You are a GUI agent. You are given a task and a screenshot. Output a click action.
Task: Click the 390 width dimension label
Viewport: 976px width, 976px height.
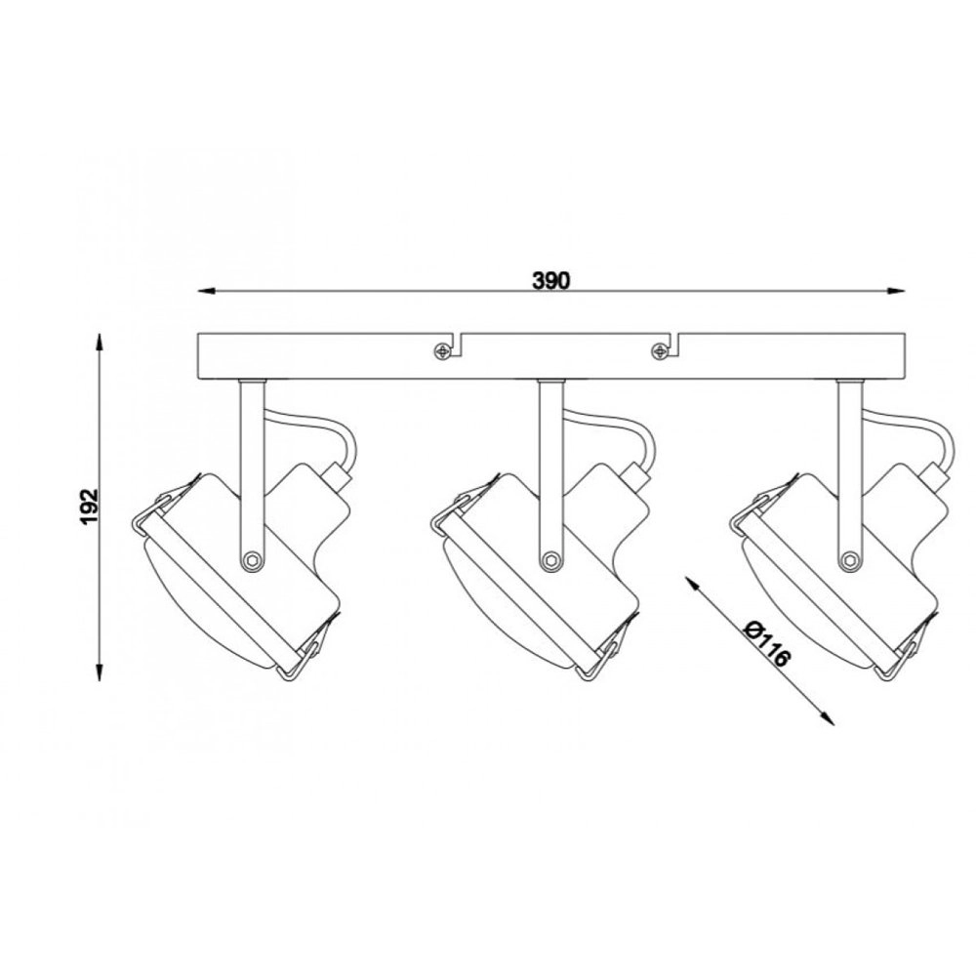point(550,281)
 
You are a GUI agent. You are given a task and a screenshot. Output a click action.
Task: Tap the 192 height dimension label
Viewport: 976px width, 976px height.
point(90,507)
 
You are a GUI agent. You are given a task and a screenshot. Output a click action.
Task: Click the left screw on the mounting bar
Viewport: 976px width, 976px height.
point(442,351)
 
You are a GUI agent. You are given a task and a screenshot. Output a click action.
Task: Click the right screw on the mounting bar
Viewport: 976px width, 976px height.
point(659,351)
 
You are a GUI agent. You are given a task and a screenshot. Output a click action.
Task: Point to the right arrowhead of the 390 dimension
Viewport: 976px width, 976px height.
point(896,291)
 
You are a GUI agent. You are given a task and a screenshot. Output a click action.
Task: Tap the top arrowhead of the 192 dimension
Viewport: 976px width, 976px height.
point(99,343)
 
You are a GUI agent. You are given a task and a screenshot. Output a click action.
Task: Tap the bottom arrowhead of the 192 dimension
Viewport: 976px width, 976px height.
point(99,672)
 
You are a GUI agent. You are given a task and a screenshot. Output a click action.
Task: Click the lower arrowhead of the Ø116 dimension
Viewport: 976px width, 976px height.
point(828,718)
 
